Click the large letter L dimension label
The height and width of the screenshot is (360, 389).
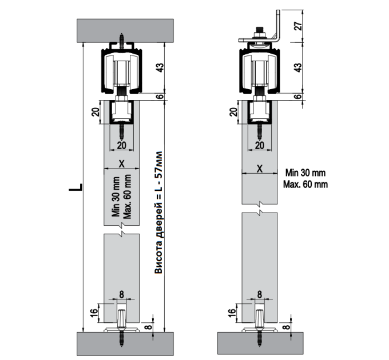click(76, 187)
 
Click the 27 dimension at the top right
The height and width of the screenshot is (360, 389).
click(298, 26)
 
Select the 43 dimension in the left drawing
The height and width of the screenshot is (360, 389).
click(161, 67)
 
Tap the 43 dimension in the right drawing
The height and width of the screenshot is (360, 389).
click(299, 67)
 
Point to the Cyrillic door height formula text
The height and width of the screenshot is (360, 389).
click(158, 213)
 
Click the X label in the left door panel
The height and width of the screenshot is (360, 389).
click(121, 163)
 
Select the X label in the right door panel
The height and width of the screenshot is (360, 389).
click(260, 169)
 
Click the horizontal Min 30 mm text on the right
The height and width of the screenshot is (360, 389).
click(305, 173)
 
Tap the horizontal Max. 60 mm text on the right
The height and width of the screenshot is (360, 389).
click(305, 185)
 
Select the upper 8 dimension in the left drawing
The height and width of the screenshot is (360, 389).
click(121, 294)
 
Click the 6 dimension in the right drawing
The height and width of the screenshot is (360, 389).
click(299, 97)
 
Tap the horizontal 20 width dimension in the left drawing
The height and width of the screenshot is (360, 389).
click(121, 146)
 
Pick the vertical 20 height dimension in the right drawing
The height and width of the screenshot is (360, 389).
click(233, 112)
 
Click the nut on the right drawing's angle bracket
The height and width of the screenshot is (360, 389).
click(259, 34)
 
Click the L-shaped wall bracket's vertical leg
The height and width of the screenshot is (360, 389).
click(278, 24)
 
